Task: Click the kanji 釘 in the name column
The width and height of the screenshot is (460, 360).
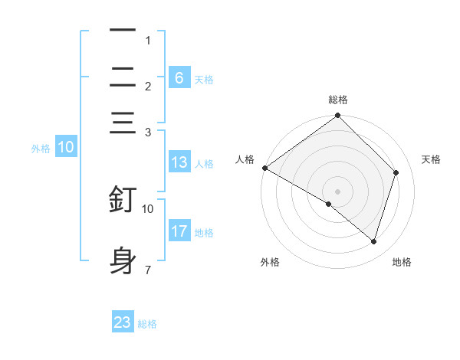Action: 123,198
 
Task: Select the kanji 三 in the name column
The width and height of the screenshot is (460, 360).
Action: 123,124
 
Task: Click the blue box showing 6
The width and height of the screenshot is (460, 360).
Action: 179,77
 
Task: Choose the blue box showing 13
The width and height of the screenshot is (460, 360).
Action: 179,162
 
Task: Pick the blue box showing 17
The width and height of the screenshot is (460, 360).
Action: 179,231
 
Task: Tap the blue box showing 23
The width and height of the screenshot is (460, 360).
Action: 123,322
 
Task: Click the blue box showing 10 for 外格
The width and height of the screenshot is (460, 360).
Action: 66,148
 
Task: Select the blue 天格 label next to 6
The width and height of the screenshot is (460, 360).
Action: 204,79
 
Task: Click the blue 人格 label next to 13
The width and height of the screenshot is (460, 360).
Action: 204,163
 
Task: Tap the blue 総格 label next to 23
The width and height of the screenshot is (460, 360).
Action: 147,324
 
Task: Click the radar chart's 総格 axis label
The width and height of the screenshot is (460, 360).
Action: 338,100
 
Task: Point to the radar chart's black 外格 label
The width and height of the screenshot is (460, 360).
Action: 269,262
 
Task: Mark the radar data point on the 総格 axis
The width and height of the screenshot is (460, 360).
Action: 338,116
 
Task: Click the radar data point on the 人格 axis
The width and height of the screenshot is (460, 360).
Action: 264,168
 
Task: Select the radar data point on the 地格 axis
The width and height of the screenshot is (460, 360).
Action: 374,242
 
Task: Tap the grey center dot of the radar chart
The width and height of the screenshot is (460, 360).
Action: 338,191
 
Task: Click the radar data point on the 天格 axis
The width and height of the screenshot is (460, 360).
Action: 396,172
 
